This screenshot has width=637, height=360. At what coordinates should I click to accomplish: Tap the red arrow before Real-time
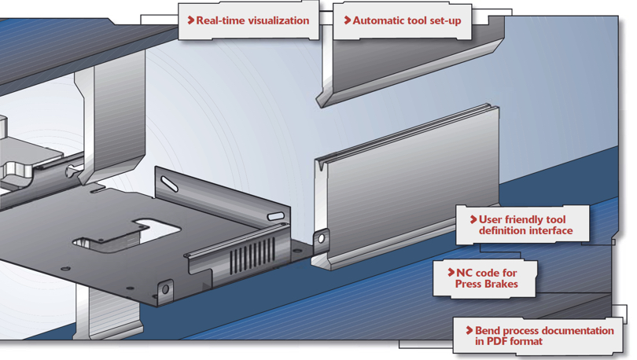[190, 20]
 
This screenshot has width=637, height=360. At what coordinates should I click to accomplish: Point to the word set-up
[443, 20]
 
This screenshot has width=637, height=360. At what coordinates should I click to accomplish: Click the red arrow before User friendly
[473, 219]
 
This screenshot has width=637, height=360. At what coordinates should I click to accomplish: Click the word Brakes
[500, 284]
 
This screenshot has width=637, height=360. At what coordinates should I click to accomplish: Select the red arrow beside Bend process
[469, 331]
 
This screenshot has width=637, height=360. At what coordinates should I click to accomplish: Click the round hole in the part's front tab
[164, 289]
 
